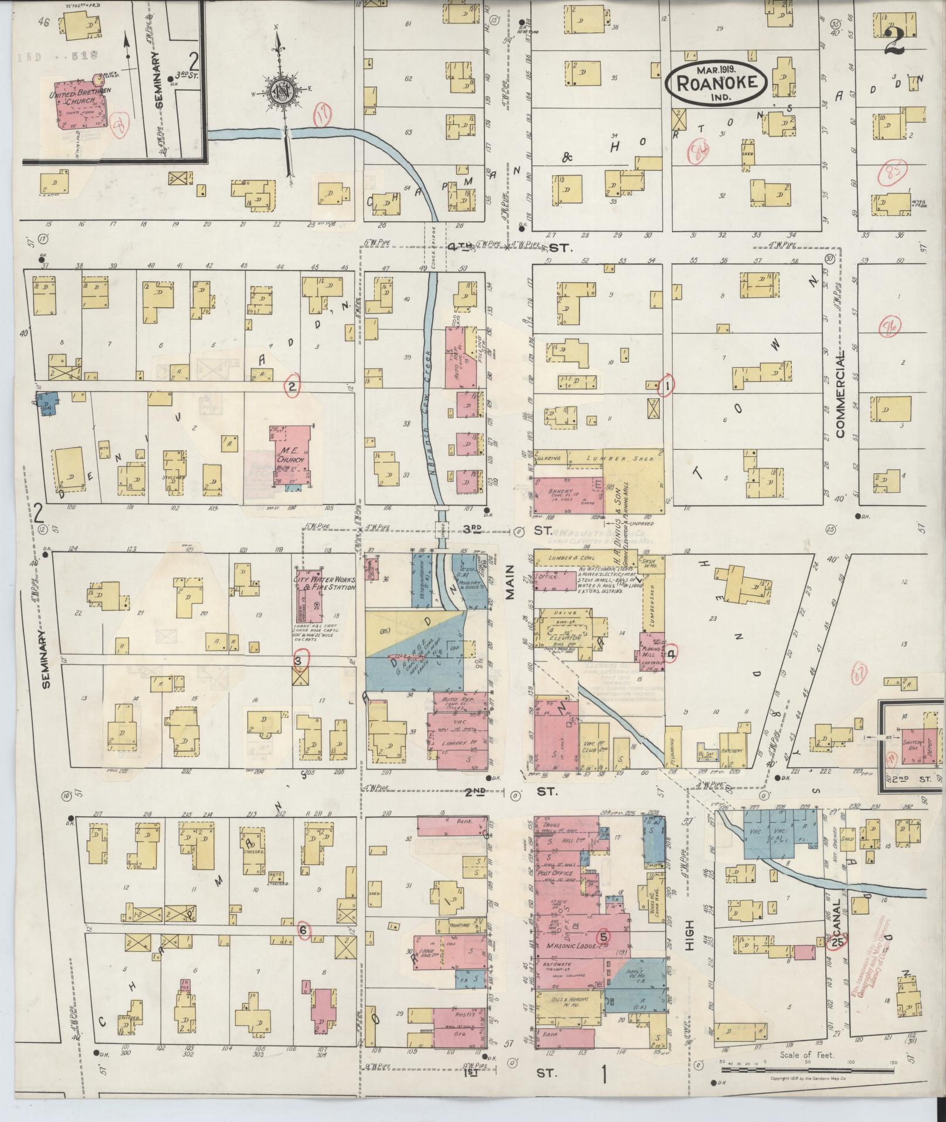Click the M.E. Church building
coord(291,457)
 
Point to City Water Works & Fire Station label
coord(324,582)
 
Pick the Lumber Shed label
coord(623,457)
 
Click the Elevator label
coord(565,638)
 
